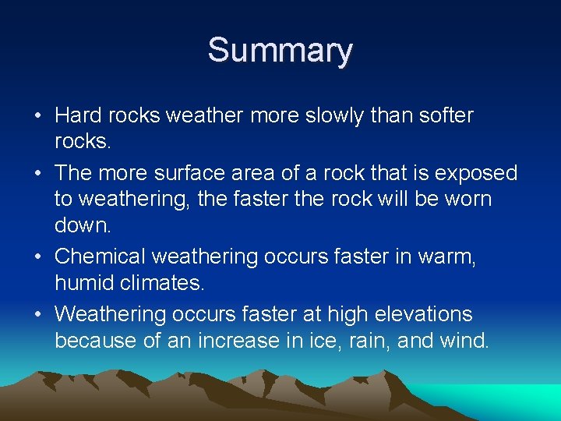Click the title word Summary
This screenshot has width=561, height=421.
(x=280, y=51)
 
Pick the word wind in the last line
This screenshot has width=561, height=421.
(x=465, y=341)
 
